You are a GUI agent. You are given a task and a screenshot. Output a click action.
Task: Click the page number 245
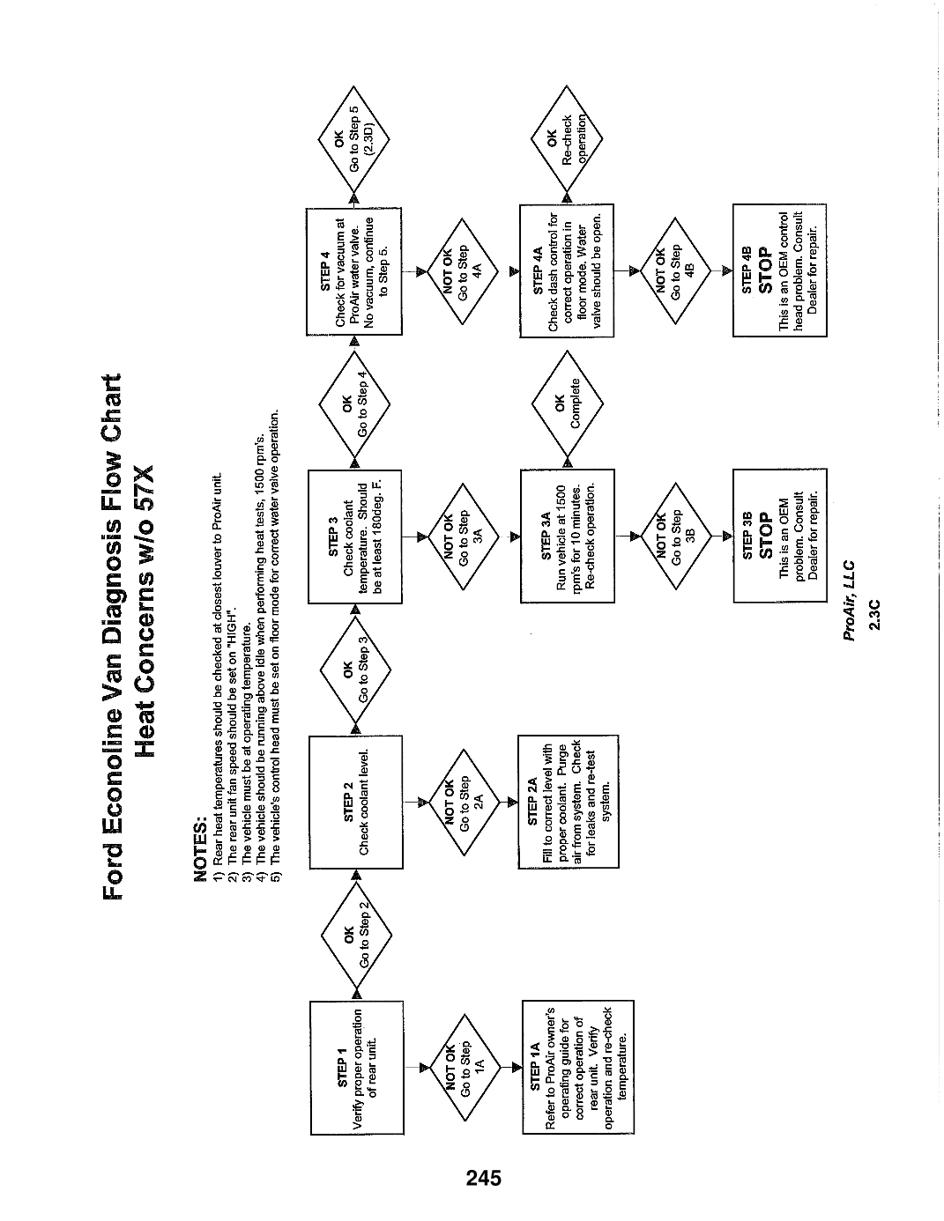click(x=484, y=1178)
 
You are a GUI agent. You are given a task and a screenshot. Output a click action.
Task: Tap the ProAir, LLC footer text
click(x=849, y=601)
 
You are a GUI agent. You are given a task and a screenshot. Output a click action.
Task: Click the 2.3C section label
click(x=875, y=615)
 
